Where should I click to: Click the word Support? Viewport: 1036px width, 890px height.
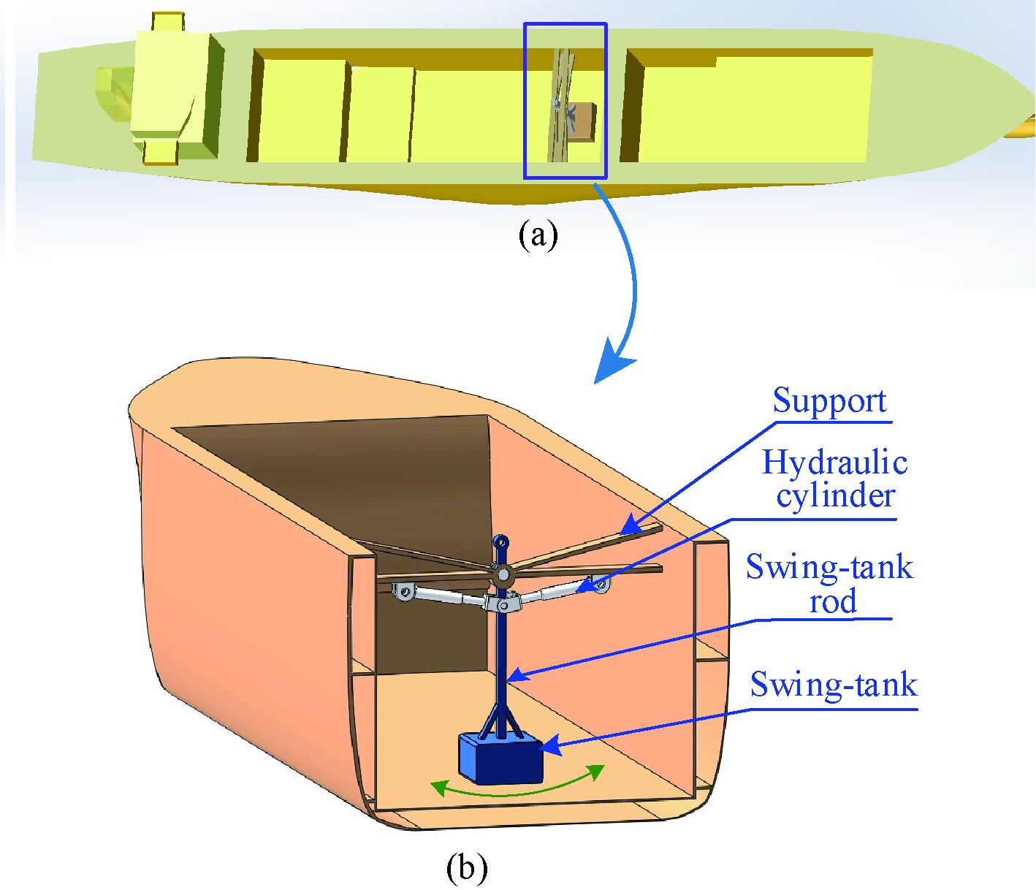(x=829, y=401)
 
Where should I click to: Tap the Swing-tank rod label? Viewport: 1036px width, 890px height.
(x=830, y=584)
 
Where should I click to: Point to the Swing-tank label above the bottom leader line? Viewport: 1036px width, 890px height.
(x=834, y=685)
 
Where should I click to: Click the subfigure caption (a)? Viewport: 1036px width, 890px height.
(x=538, y=235)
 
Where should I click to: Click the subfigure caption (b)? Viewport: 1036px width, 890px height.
(x=466, y=868)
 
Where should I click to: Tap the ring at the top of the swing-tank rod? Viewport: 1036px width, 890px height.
(x=501, y=542)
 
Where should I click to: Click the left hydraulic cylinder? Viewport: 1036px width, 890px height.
(x=442, y=597)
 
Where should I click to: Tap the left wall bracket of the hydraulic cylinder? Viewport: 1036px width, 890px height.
(x=401, y=593)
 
